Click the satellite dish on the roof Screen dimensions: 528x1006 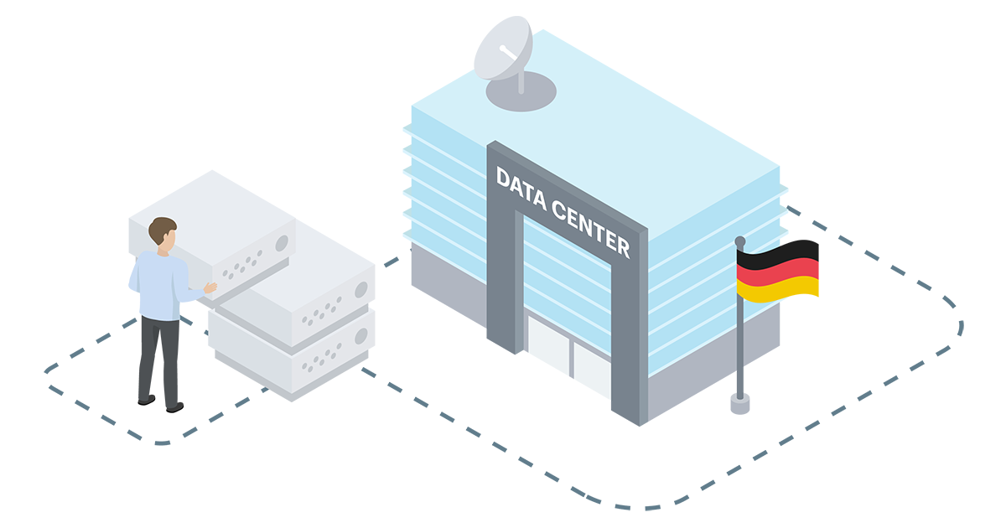click(503, 50)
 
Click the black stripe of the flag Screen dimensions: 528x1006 click(778, 252)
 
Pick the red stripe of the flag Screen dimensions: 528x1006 click(778, 270)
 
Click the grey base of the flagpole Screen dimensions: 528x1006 click(739, 405)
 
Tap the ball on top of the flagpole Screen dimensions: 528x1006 click(740, 241)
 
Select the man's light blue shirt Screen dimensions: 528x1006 click(159, 285)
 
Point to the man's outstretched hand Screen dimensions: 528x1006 click(210, 287)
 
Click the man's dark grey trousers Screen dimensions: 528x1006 click(159, 356)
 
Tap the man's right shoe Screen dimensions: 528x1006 click(174, 407)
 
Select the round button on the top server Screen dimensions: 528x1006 click(282, 243)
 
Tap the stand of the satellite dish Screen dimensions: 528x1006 click(521, 83)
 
